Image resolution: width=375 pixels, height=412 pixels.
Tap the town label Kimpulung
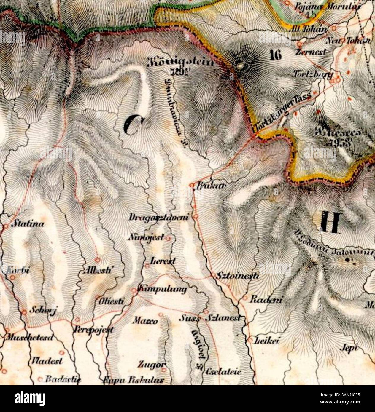pos(163,289)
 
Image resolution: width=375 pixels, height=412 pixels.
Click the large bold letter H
pos(330,222)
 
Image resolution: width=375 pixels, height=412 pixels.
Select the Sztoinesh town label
pos(237,276)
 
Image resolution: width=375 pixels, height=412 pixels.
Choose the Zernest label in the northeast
pos(311,52)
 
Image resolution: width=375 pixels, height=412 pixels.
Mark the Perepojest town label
pos(93,330)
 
